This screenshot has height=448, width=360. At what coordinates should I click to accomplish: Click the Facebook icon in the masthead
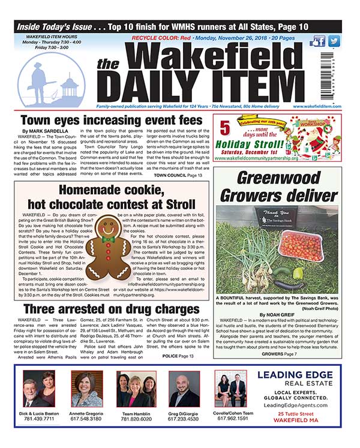318,41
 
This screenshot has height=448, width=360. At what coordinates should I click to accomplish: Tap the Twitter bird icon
334,41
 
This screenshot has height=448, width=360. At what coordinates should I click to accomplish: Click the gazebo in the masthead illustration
71,87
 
